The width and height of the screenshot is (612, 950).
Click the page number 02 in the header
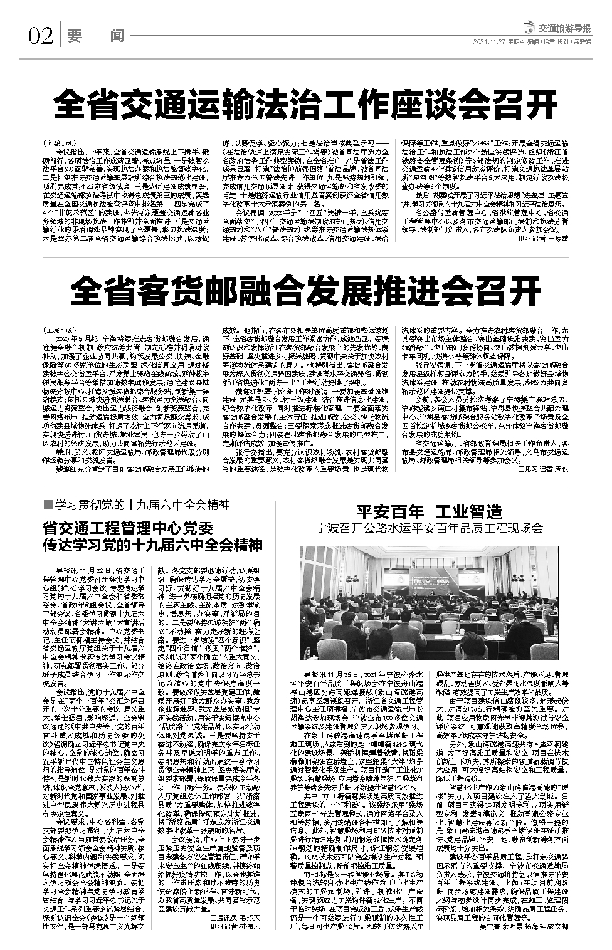click(x=40, y=37)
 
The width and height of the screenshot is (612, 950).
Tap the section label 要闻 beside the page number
click(x=95, y=37)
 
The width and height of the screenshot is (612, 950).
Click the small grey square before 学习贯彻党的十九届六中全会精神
click(x=47, y=506)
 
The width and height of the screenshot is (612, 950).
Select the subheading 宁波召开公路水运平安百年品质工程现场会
click(x=430, y=528)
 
